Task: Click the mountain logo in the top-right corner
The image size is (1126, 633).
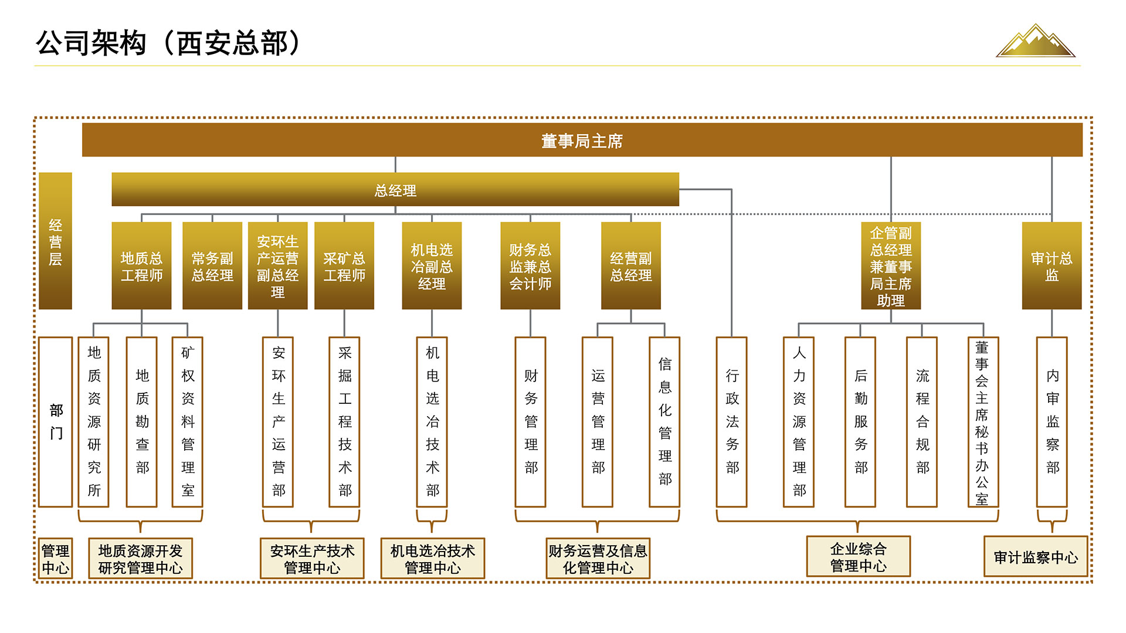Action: click(x=1036, y=41)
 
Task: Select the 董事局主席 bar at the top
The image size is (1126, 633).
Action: click(x=582, y=140)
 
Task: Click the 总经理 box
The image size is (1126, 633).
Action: click(x=395, y=189)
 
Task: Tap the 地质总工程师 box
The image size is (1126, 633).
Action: click(x=141, y=266)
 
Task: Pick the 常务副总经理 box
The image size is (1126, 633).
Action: click(x=212, y=266)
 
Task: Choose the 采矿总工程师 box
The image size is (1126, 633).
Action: click(x=344, y=266)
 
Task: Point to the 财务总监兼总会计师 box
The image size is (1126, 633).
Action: click(x=530, y=266)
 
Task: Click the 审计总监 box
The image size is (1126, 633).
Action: click(x=1052, y=266)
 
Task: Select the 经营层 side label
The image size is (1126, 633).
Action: click(x=55, y=241)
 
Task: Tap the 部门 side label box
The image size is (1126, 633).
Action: click(x=56, y=421)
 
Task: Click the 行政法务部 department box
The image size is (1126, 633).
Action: click(x=732, y=421)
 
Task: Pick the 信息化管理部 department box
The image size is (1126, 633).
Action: click(x=664, y=421)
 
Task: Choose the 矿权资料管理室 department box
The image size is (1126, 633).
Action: click(x=188, y=421)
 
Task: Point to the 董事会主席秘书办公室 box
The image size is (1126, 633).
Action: click(x=983, y=421)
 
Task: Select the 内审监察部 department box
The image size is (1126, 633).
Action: click(x=1052, y=421)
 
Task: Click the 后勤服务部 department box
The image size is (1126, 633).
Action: click(x=860, y=421)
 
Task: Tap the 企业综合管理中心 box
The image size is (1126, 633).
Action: click(x=859, y=557)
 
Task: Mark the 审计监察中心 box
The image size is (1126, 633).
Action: click(x=1036, y=557)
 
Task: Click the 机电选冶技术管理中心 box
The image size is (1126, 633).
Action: click(x=433, y=559)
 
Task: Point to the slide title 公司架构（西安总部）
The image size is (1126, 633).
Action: click(x=169, y=43)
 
